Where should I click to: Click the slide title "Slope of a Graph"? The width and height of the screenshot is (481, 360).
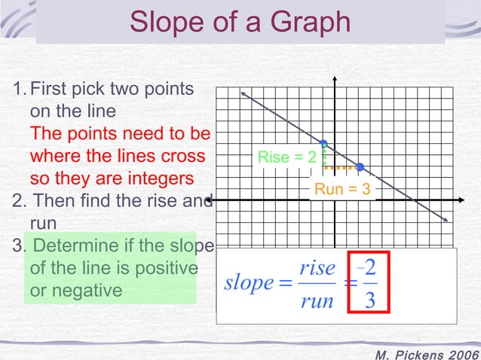(240, 22)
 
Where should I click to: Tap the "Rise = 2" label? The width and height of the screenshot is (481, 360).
(287, 157)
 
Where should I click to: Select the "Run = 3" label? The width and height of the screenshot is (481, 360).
(342, 189)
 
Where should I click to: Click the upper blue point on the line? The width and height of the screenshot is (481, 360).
(323, 143)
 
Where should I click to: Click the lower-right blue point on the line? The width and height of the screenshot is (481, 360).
(360, 166)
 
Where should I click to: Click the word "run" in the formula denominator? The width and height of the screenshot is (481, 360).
(317, 301)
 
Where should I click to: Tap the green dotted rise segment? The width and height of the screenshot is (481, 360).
(324, 155)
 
